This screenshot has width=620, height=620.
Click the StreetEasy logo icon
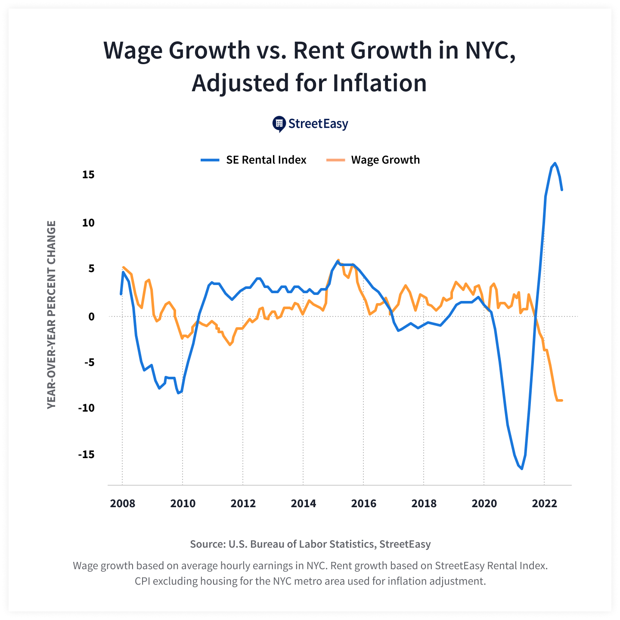(279, 124)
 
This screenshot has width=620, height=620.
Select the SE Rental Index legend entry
(254, 160)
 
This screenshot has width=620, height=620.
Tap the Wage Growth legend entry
(373, 160)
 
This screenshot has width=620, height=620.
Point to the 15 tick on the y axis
(88, 174)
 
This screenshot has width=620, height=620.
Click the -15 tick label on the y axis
(86, 454)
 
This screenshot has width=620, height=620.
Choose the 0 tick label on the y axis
(91, 316)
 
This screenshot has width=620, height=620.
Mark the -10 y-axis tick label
(86, 408)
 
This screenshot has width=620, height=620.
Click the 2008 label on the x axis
(122, 503)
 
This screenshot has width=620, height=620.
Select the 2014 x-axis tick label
(303, 503)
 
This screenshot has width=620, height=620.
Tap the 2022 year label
(544, 503)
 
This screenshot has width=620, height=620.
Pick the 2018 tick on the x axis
(424, 503)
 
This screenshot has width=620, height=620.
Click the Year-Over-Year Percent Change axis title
(51, 315)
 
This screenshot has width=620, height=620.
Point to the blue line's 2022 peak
(555, 163)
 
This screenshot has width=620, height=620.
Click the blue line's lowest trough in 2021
(522, 468)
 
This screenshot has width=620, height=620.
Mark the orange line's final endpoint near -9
(562, 400)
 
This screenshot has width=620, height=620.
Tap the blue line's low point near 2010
(178, 393)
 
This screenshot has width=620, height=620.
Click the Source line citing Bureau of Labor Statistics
(310, 544)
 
